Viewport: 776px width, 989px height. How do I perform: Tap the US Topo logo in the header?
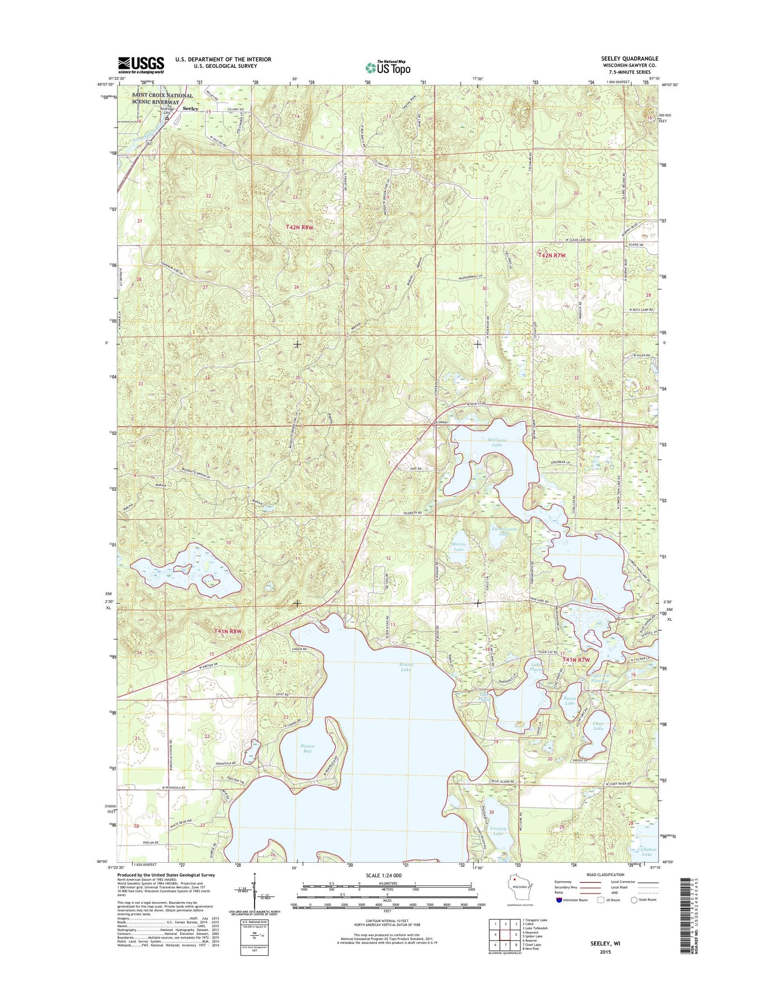[388, 67]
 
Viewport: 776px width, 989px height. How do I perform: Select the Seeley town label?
[190, 108]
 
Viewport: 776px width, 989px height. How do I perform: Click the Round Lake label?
[405, 667]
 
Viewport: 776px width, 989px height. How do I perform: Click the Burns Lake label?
[569, 701]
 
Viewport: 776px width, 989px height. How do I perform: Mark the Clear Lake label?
[598, 726]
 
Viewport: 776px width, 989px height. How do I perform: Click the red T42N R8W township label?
[299, 227]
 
